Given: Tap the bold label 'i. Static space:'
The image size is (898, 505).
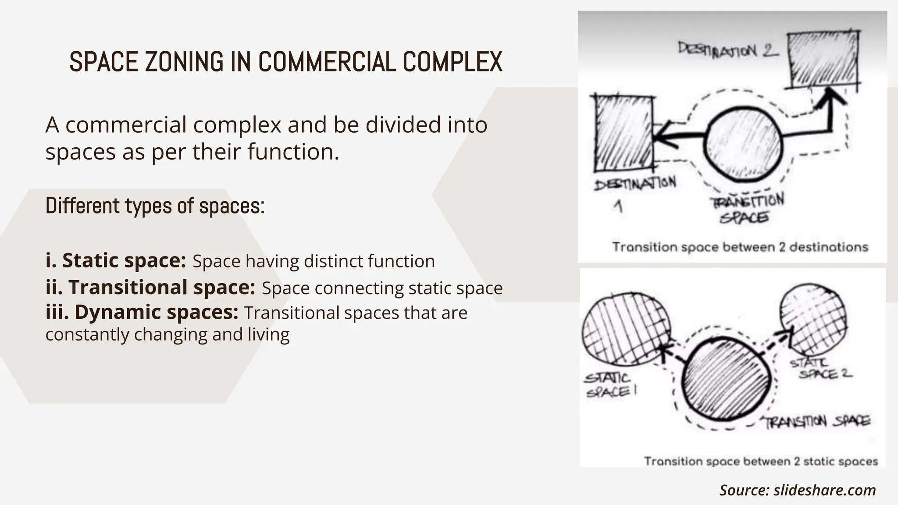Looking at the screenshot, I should coord(116,260).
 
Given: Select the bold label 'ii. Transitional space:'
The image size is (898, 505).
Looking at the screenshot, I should coord(150,288).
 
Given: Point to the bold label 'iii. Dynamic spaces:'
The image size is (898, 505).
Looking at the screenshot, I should coord(142,312).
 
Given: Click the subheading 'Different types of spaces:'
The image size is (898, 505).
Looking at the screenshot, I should coord(155,206).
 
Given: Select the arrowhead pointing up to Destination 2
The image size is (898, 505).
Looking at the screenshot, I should coord(830,96).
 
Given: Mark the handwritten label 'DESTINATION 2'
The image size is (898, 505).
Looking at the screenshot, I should coord(728,49).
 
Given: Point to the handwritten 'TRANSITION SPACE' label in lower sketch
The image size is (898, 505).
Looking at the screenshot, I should coord(817,422).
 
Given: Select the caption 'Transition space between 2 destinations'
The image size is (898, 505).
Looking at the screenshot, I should coord(740,247).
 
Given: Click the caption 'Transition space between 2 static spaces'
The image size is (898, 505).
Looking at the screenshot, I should coord(761,461).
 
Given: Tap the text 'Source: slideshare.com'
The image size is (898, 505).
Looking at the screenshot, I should coord(798,490).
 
